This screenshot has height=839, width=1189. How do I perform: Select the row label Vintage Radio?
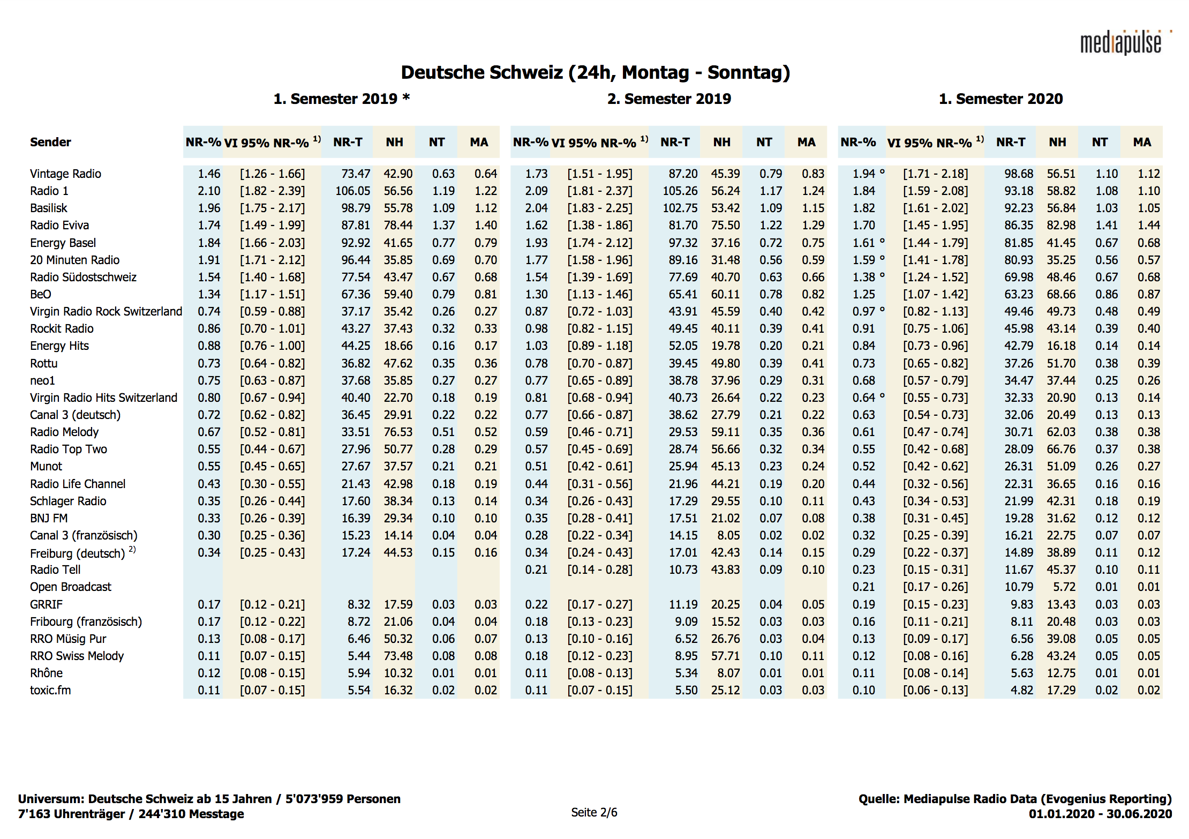[x=65, y=174]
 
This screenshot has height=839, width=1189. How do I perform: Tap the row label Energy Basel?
[x=63, y=243]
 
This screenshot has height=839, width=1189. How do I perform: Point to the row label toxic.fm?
[x=50, y=690]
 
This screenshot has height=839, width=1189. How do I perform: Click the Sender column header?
[x=50, y=142]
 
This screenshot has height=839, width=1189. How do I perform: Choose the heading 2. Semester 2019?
[x=669, y=99]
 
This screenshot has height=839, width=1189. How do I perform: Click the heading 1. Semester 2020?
[x=1000, y=99]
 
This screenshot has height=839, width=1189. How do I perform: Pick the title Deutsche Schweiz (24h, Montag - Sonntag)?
[x=595, y=72]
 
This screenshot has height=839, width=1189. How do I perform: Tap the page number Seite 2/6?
[x=594, y=812]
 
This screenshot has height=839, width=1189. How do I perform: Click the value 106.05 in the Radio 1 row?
[x=352, y=191]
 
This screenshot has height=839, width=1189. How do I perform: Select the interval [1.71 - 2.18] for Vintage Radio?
[x=935, y=174]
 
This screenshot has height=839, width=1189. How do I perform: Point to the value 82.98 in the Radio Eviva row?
[x=1061, y=225]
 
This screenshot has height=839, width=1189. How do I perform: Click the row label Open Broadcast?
[x=71, y=587]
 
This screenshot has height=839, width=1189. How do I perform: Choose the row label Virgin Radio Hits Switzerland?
[x=103, y=398]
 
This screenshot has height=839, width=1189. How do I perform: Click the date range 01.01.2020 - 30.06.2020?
[x=1100, y=814]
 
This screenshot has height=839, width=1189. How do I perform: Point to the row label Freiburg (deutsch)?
[x=77, y=553]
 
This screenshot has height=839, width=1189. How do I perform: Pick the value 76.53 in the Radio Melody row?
[x=398, y=432]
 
